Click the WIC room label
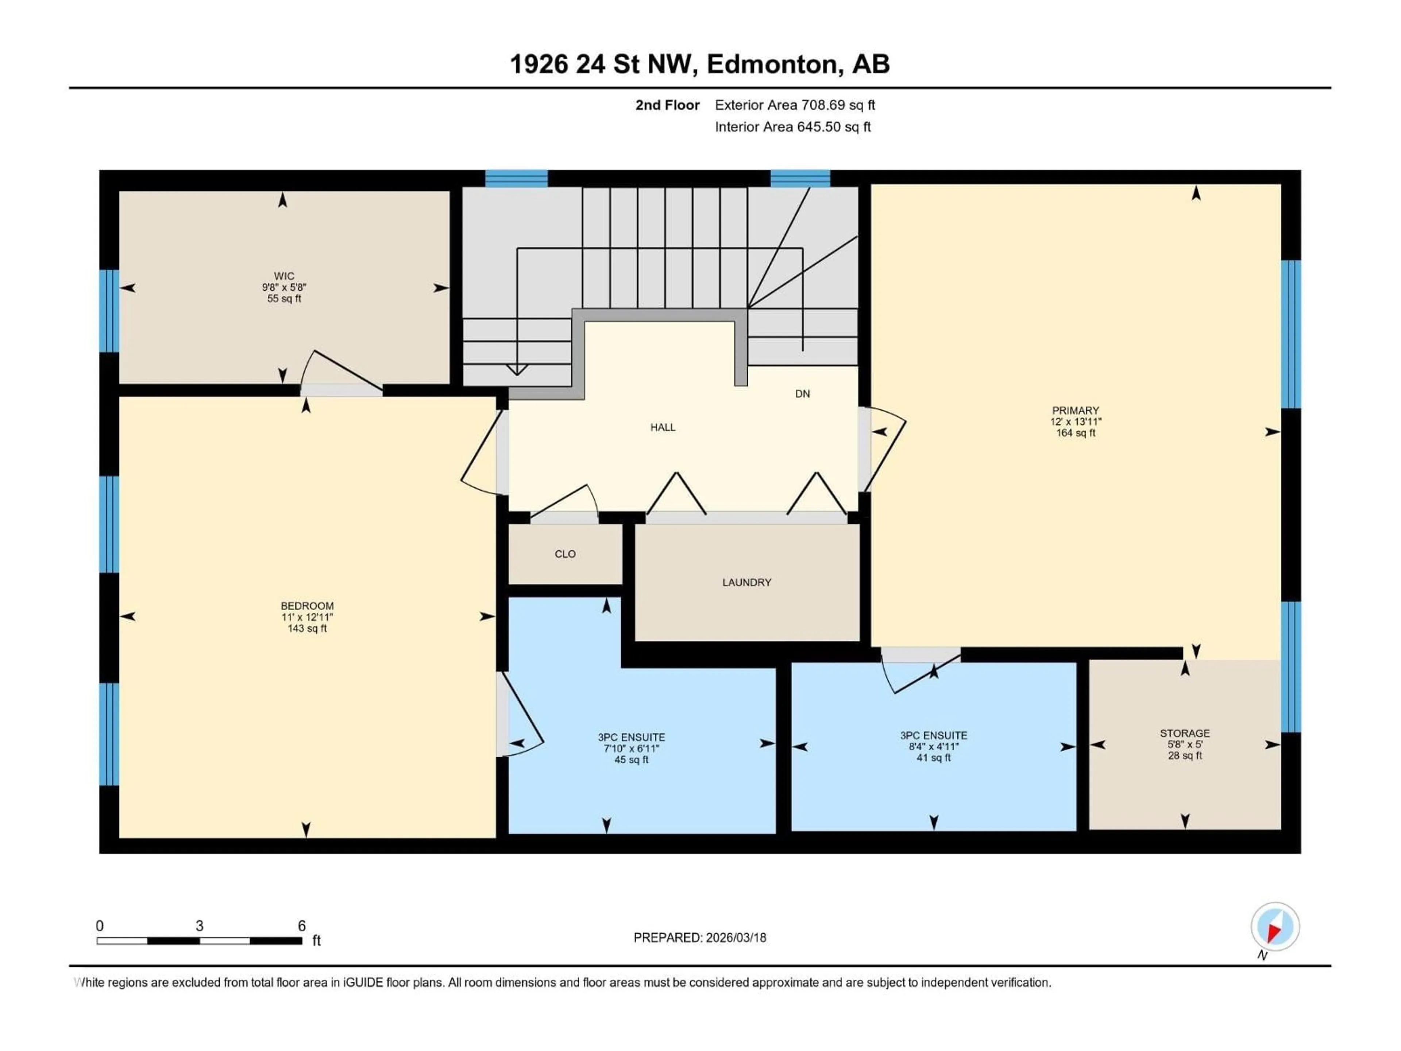point(284,276)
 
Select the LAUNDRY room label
point(747,582)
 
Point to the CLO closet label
point(565,554)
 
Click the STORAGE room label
point(1184,733)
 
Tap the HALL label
point(663,428)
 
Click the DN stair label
point(802,394)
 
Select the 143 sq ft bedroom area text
point(307,628)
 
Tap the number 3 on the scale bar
point(200,925)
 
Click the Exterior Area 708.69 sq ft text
point(795,105)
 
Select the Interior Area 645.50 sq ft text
point(792,127)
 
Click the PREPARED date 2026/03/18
point(700,938)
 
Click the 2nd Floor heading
point(668,105)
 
